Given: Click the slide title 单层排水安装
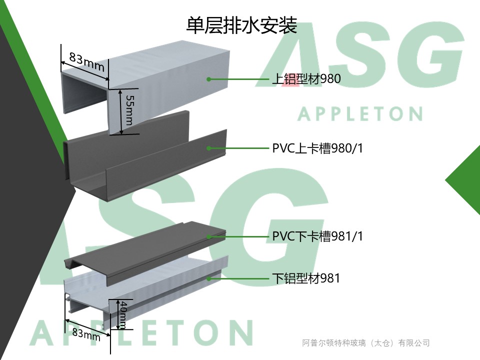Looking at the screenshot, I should (x=241, y=25).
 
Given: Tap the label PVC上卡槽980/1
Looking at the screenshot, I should (x=317, y=148).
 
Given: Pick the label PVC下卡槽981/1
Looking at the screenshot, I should (x=317, y=236).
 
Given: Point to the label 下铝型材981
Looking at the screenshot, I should (x=306, y=278).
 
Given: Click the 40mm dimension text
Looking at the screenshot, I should (x=123, y=314).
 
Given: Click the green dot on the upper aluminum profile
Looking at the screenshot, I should (x=209, y=79).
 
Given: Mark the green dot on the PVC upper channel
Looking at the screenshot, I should (x=209, y=148).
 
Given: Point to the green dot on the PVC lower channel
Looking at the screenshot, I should (x=209, y=237).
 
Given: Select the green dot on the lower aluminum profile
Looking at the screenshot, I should (x=209, y=278).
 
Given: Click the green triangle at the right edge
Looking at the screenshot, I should (x=465, y=180).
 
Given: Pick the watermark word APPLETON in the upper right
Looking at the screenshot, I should (x=360, y=114).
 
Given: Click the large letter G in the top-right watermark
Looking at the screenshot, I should (x=430, y=55).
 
